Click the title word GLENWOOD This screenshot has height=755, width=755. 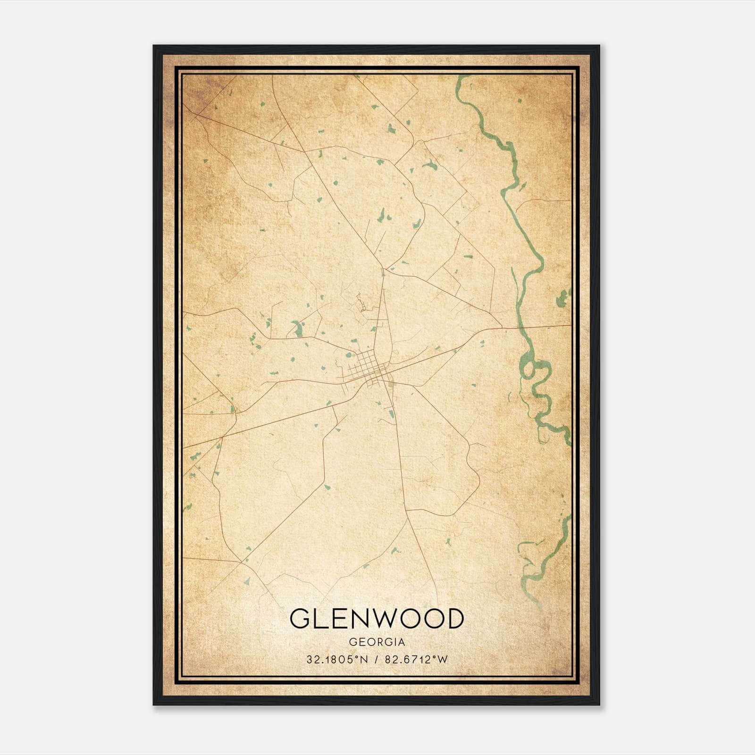pyautogui.click(x=377, y=619)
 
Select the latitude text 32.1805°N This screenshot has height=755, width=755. pyautogui.click(x=337, y=660)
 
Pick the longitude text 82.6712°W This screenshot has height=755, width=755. pyautogui.click(x=416, y=660)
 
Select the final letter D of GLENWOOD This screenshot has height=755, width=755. pyautogui.click(x=454, y=619)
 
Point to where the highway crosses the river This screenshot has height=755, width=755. pyautogui.click(x=520, y=327)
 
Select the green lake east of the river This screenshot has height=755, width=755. pyautogui.click(x=563, y=298)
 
